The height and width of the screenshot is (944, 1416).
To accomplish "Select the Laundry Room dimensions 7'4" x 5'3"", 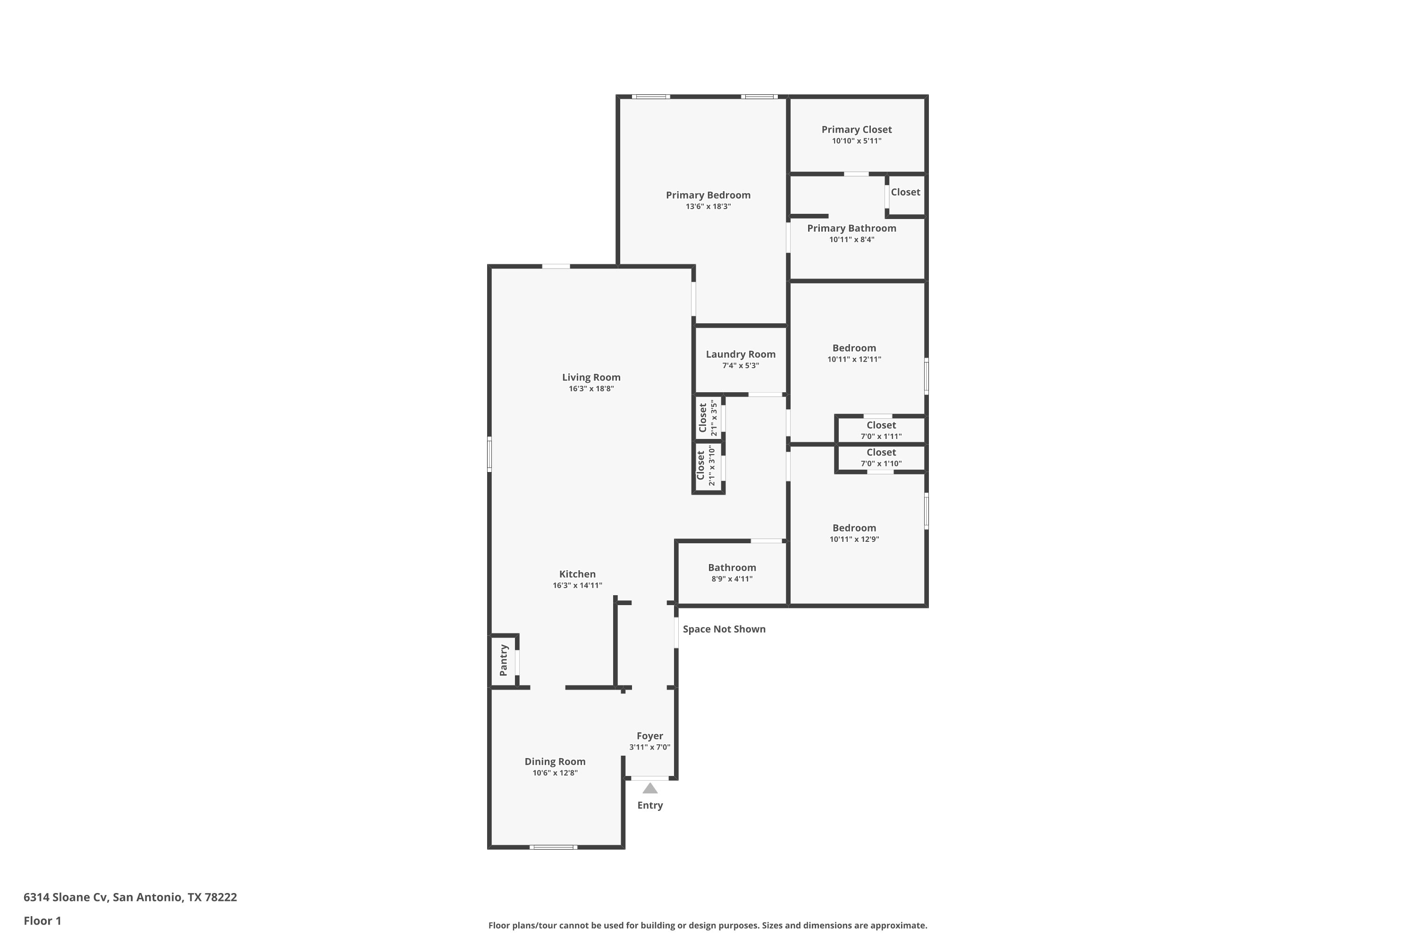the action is (x=741, y=365).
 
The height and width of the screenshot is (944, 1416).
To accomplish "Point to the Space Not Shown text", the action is (x=724, y=629).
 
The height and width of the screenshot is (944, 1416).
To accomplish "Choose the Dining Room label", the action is (x=555, y=762).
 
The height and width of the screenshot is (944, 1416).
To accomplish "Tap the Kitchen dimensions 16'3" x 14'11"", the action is (x=577, y=585).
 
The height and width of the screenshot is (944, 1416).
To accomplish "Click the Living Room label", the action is (x=591, y=378).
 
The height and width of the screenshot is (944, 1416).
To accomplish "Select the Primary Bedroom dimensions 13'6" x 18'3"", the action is (x=708, y=207).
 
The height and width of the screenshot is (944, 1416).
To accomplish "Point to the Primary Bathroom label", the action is (x=851, y=228).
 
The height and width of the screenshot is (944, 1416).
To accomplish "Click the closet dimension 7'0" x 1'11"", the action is (x=881, y=437).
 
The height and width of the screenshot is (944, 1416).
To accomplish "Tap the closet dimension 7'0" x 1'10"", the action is (x=881, y=464).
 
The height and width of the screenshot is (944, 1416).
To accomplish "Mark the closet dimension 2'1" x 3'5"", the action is (x=714, y=418).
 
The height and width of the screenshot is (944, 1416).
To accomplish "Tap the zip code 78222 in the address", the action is (x=220, y=897).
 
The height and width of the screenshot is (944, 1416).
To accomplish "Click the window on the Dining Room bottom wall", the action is (x=553, y=847).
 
